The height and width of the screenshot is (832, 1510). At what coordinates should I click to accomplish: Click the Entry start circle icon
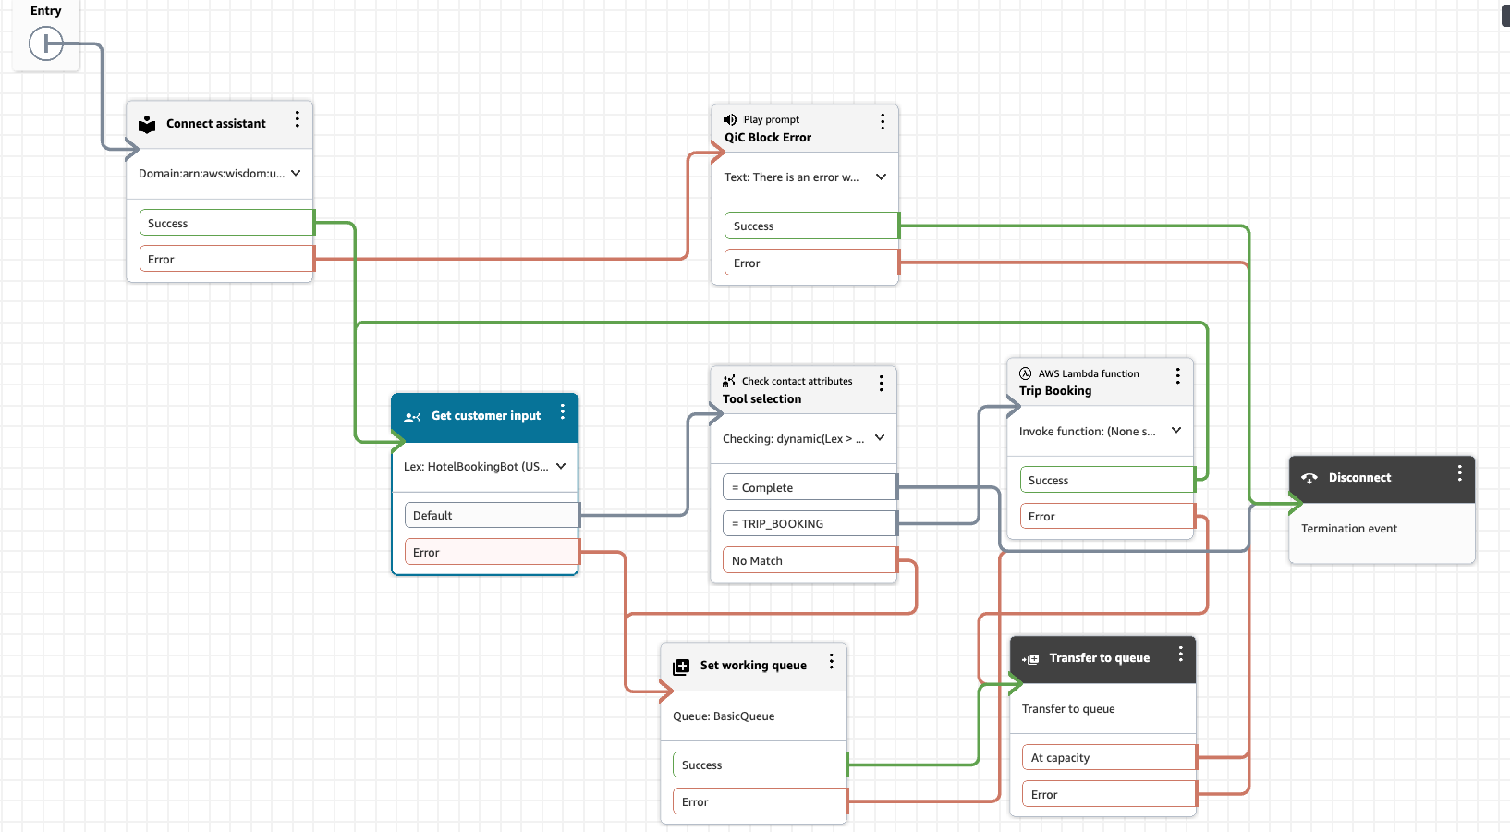click(45, 43)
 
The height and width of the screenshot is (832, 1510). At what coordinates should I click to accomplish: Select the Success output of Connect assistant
click(226, 223)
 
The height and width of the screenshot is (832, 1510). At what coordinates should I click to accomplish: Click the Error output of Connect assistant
click(226, 259)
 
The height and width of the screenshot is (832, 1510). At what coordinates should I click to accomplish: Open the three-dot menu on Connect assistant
click(297, 119)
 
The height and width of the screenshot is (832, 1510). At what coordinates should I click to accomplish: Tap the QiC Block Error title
click(768, 138)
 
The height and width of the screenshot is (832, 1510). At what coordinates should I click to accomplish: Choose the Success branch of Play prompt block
click(810, 226)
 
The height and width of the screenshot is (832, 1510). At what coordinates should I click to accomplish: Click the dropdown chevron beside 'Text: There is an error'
click(881, 177)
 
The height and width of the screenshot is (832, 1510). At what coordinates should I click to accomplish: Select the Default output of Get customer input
click(491, 515)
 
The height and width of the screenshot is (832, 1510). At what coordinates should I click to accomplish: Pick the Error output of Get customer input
click(491, 552)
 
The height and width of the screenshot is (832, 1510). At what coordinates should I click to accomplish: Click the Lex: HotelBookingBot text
click(475, 467)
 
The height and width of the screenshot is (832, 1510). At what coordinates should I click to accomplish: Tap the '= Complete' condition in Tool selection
click(809, 487)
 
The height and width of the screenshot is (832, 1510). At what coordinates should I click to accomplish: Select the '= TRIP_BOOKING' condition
click(809, 523)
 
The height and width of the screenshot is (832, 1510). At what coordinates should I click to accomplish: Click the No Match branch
click(809, 560)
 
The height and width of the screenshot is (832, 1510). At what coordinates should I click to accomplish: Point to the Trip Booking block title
click(1055, 391)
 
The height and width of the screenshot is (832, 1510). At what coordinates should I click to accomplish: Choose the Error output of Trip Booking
click(1107, 516)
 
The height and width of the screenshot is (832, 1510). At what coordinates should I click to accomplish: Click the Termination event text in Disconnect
click(1349, 529)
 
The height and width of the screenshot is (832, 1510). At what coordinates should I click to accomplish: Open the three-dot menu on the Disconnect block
click(1459, 473)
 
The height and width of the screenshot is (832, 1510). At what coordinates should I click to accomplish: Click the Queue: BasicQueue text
click(724, 716)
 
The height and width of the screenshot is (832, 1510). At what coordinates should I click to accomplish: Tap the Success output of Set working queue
click(759, 765)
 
